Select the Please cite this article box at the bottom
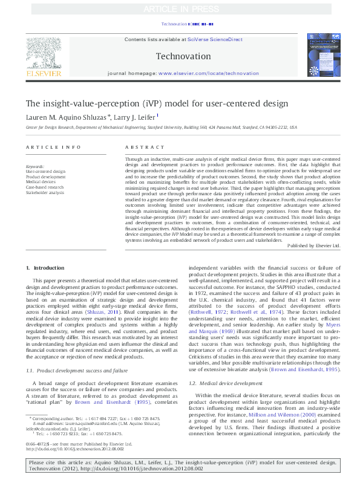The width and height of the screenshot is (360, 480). [x=180, y=465]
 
